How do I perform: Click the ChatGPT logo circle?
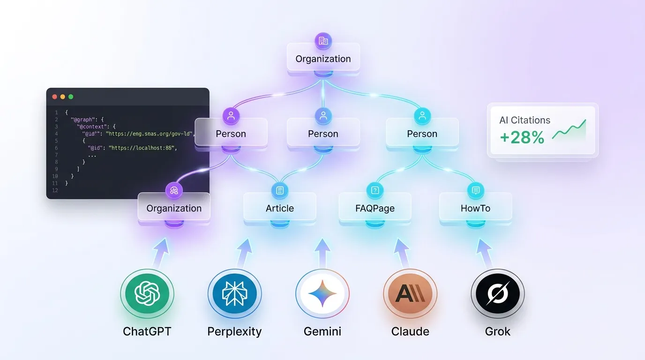click(x=147, y=294)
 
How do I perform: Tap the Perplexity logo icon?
click(x=234, y=294)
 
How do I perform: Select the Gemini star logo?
click(x=322, y=294)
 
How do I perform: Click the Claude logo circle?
click(x=410, y=294)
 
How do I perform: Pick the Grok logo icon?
click(x=497, y=294)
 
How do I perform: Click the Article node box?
click(x=280, y=208)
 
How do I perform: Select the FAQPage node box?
click(x=375, y=208)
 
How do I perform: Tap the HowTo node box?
click(x=475, y=208)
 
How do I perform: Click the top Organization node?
click(x=323, y=59)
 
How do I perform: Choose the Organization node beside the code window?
click(x=174, y=208)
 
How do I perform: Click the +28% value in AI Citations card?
click(x=522, y=137)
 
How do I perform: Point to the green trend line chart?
click(x=569, y=131)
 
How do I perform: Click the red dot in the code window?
click(x=55, y=97)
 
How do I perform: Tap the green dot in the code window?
click(x=71, y=97)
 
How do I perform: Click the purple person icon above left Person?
click(x=231, y=116)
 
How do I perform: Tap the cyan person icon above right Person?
click(x=422, y=116)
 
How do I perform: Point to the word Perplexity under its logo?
click(x=234, y=331)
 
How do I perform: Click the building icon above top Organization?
click(x=323, y=41)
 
